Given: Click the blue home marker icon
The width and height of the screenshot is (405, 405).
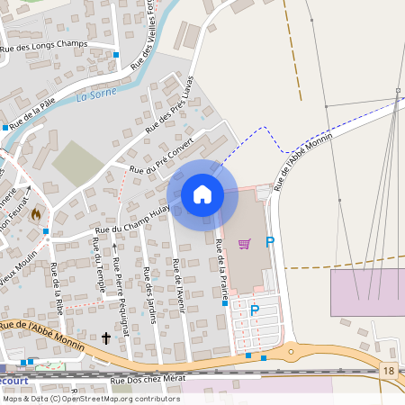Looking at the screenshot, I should pos(202,194).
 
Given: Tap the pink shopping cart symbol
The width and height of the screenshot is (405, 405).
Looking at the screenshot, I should pos(244,243).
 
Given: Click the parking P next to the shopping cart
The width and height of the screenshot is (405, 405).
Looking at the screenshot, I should pos(269,241).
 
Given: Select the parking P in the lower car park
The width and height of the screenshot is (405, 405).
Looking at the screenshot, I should pos(255,310).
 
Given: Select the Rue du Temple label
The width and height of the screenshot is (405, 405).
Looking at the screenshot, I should pos(97,274).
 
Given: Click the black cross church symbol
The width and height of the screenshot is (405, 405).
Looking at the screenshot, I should pos(106,338).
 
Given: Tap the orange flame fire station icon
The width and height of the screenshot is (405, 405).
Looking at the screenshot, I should pos(36,215).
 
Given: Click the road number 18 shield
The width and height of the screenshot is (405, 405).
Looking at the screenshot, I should pos(388,371).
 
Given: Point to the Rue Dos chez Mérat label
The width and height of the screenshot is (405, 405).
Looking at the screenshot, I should pos(147,381).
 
